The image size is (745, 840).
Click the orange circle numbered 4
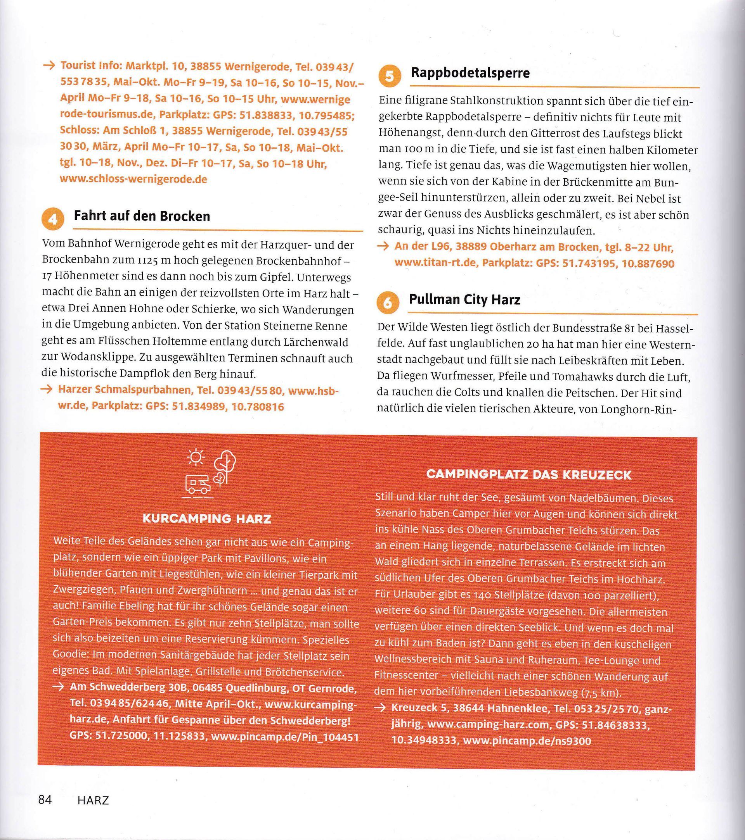tap(53, 219)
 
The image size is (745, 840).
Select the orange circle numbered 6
tap(388, 303)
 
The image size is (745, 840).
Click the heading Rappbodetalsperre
tap(470, 73)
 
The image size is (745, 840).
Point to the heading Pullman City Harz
tap(464, 300)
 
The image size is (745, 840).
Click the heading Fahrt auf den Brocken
tap(142, 216)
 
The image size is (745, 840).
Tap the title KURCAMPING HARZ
tap(206, 519)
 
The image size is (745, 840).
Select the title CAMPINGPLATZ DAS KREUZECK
tap(528, 475)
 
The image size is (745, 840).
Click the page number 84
tap(45, 800)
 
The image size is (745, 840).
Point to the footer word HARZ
tap(93, 800)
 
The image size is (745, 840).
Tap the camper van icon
tap(198, 485)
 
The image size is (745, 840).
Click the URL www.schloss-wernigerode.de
tap(133, 179)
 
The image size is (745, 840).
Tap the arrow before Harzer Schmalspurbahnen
tap(48, 390)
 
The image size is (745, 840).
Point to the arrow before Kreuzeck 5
tap(381, 708)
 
